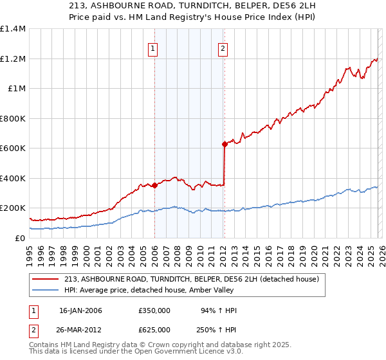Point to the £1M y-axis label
pos(15,89)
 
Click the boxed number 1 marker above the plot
pos(154,49)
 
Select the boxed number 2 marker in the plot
pos(223,49)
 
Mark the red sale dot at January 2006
pos(154,186)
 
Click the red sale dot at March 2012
pos(225,145)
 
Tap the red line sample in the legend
pos(46,279)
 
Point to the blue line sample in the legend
pos(46,291)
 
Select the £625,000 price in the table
pos(154,329)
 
